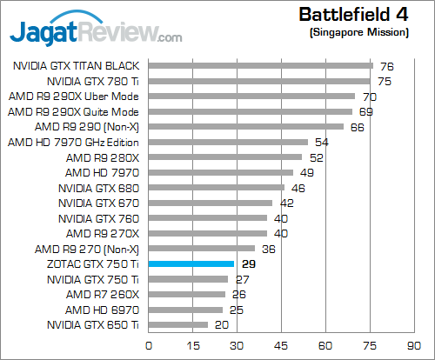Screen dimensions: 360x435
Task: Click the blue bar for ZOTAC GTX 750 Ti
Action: click(x=192, y=263)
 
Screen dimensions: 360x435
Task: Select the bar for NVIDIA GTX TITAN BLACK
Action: click(x=261, y=65)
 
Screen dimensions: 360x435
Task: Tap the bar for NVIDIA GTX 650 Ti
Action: click(x=179, y=324)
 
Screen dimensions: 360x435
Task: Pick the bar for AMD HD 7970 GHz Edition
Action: click(x=229, y=142)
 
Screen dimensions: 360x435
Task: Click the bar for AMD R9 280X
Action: click(x=226, y=157)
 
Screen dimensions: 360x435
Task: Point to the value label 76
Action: click(x=387, y=65)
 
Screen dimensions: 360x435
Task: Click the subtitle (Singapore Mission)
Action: click(x=358, y=32)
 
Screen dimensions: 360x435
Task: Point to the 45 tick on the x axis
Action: click(x=282, y=343)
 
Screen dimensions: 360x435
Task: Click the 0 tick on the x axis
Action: click(x=150, y=343)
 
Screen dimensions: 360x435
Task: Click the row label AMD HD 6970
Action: click(x=103, y=310)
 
